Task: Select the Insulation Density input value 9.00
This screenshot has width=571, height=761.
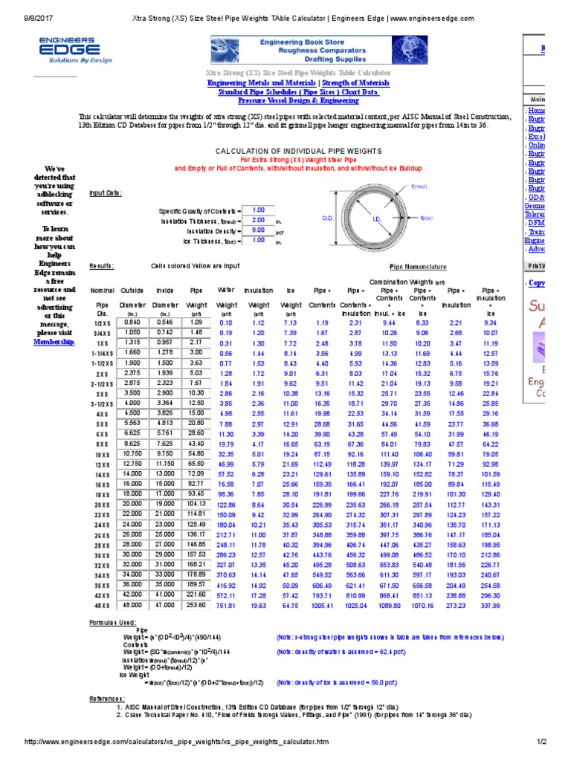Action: [258, 230]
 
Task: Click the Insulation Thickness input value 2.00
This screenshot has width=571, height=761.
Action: [258, 220]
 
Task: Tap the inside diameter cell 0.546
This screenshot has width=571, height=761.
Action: [165, 323]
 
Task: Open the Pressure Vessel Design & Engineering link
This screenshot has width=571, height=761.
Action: [297, 100]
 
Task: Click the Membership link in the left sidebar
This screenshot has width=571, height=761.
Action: [54, 341]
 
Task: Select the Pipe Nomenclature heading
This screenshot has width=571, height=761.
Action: [419, 265]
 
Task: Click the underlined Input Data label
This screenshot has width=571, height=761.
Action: [105, 193]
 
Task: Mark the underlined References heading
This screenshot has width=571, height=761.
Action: [107, 699]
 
